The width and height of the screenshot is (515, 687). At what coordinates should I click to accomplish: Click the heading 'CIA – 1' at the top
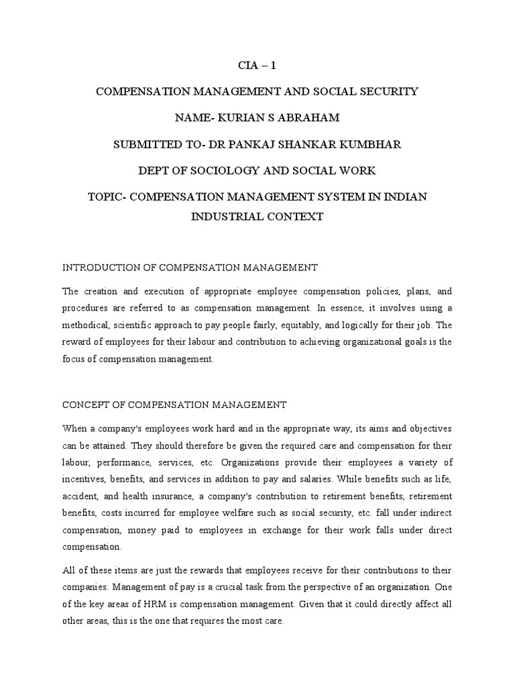tap(257, 66)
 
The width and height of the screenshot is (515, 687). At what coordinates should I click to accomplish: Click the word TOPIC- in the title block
tap(111, 197)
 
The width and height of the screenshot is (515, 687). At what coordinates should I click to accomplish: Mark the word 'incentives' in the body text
tap(84, 479)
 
